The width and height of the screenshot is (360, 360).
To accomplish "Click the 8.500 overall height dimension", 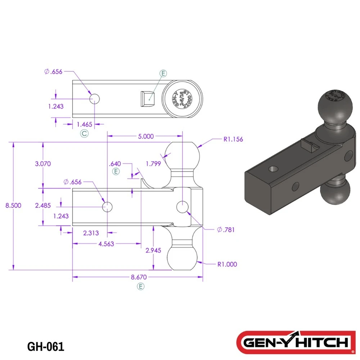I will (13, 206).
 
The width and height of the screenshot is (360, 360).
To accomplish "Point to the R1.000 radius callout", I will (227, 264).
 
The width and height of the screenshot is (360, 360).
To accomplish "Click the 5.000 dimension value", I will (146, 136).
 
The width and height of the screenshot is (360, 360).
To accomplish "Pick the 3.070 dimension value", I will (43, 163).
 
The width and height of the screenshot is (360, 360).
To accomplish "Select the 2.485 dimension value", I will (43, 205).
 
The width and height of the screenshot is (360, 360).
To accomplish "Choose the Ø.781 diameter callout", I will (226, 230).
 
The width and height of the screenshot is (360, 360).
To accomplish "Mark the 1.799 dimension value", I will (153, 163).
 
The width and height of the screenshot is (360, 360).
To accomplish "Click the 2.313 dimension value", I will (91, 233).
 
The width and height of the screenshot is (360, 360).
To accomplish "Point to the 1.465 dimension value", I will (85, 124).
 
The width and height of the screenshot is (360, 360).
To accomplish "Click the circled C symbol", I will (84, 134).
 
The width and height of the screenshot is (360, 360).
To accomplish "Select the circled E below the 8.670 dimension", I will (141, 287).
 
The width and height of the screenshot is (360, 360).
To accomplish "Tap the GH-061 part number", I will (46, 347).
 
